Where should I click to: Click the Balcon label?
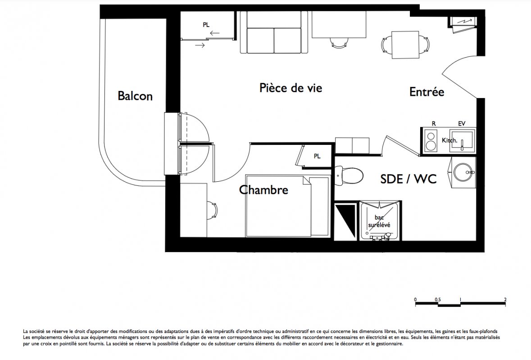click(135, 96)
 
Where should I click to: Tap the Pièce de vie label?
click(290, 88)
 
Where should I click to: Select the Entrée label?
click(427, 92)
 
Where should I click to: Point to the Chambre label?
click(263, 190)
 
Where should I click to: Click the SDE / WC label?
click(408, 179)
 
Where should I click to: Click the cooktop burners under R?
click(431, 141)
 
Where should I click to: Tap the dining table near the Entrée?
click(406, 45)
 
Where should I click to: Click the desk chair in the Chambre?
click(212, 211)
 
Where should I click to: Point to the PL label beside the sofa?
click(206, 25)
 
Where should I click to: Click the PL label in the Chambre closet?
click(317, 156)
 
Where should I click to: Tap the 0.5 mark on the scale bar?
click(438, 300)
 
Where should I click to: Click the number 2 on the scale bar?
click(505, 300)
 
